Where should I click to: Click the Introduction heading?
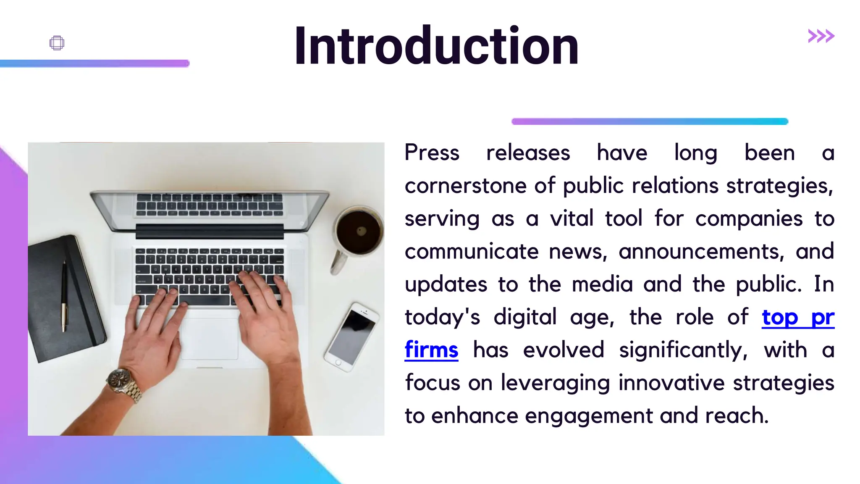[436, 46]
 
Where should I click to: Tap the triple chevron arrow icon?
[821, 36]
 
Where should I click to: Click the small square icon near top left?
[57, 43]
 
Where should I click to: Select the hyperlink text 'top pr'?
[798, 317]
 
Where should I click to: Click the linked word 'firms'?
[431, 350]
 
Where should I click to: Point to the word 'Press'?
[432, 153]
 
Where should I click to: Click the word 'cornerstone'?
[465, 186]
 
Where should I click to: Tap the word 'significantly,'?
[683, 350]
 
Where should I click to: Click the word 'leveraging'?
[555, 383]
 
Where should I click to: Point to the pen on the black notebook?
[64, 294]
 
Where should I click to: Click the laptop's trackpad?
[210, 339]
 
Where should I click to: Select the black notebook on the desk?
[63, 298]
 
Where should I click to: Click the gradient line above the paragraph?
[650, 121]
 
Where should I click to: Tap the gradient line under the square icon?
[94, 63]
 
